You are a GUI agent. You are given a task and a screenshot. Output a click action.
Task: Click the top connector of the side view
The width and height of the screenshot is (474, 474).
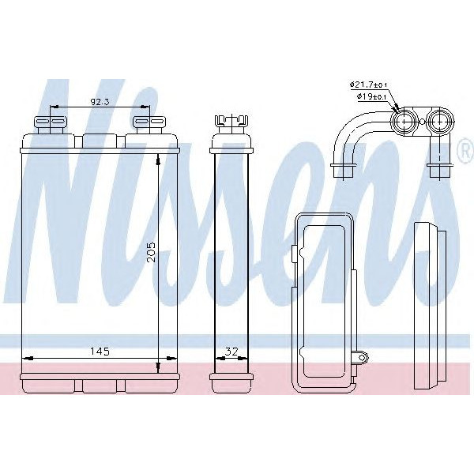point(228,124)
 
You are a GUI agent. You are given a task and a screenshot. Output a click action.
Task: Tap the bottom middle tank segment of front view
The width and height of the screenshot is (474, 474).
point(98,386)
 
